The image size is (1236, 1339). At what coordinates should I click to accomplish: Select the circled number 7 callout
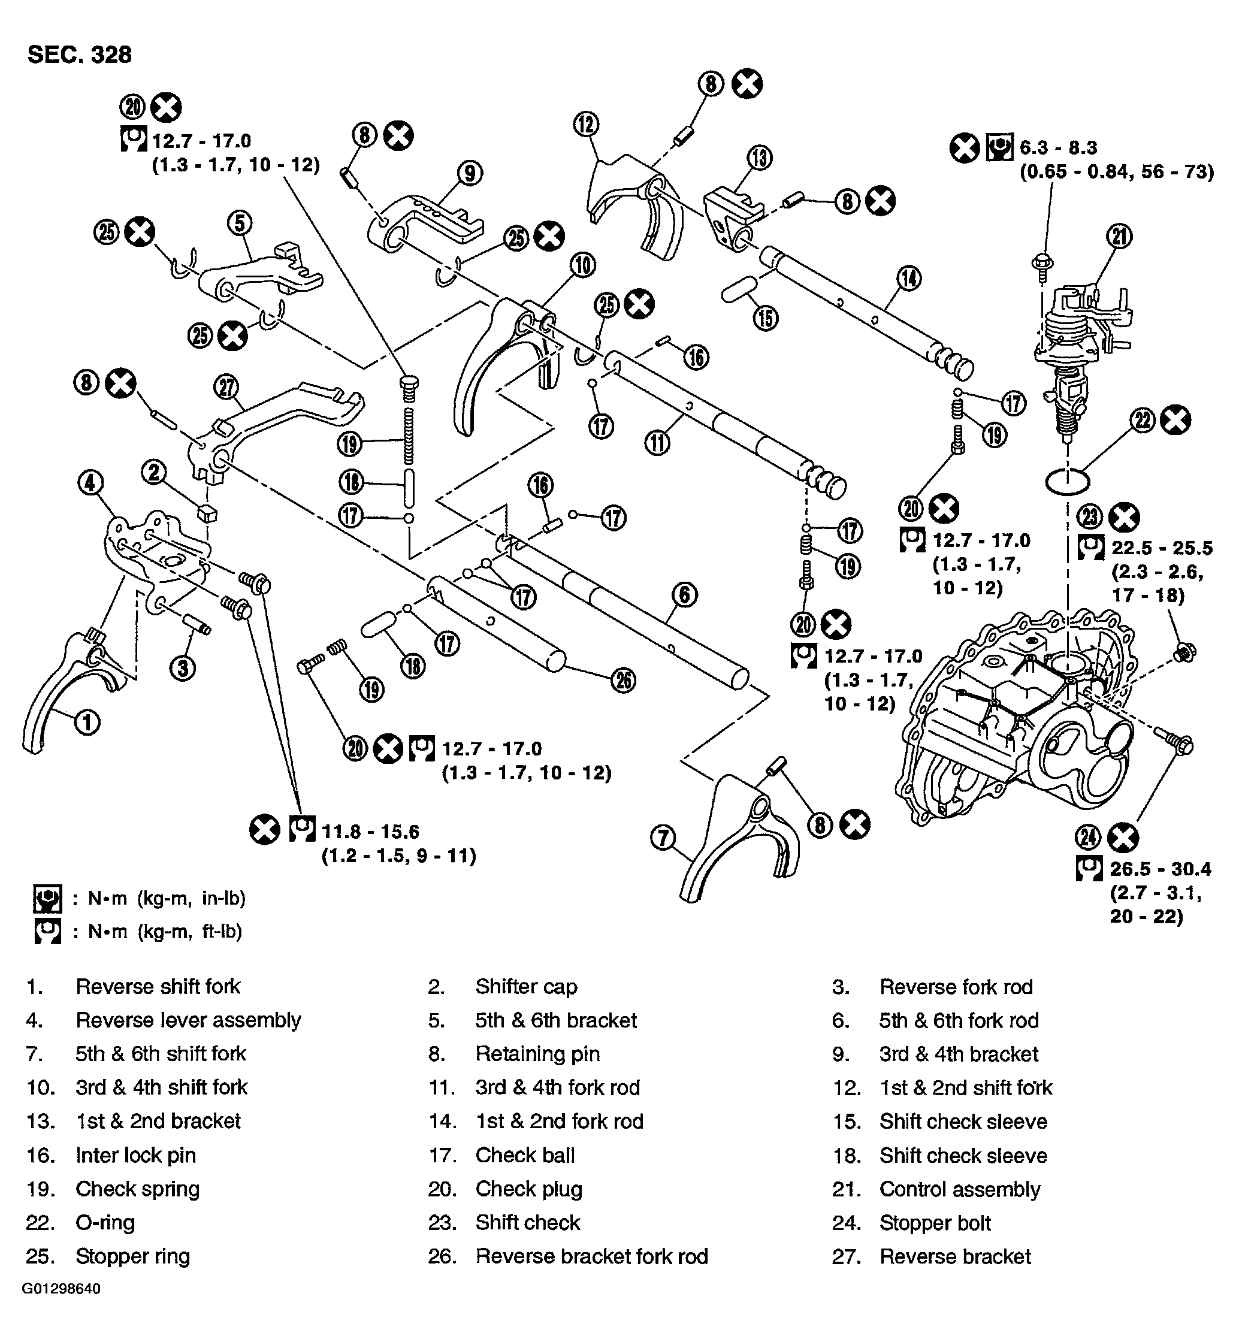663,838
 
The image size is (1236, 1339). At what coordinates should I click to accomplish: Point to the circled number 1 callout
87,723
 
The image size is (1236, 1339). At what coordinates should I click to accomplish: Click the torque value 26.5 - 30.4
1161,869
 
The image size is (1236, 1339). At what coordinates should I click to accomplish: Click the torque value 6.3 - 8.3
1058,147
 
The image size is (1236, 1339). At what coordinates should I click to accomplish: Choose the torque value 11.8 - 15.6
370,832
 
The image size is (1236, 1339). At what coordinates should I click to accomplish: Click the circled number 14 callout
908,277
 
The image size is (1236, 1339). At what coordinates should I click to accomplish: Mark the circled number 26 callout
622,680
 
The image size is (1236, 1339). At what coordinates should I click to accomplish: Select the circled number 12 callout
586,125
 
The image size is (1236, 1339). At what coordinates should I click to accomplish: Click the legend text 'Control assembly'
959,1189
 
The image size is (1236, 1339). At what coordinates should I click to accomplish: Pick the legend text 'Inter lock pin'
136,1155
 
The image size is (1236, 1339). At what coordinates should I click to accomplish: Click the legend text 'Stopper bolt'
935,1223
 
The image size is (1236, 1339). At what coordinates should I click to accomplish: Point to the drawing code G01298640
61,1288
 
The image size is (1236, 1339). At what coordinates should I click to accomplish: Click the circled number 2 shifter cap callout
154,472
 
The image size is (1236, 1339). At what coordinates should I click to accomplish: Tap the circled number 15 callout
766,318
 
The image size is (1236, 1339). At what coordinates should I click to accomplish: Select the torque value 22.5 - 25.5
1161,548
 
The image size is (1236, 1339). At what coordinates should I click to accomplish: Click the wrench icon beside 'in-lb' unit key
47,898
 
